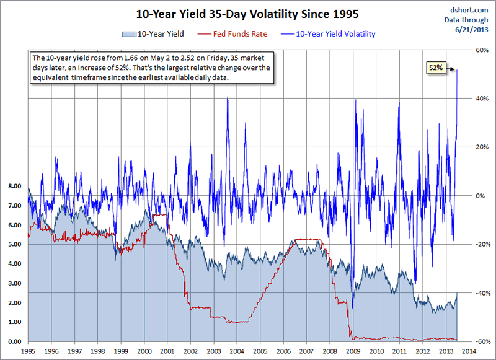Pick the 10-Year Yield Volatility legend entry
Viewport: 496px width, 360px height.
click(335, 33)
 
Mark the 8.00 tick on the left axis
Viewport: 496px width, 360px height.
click(15, 186)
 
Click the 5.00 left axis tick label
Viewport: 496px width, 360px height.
click(15, 244)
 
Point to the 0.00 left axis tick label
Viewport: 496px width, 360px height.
click(15, 341)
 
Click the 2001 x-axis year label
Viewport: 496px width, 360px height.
click(167, 351)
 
